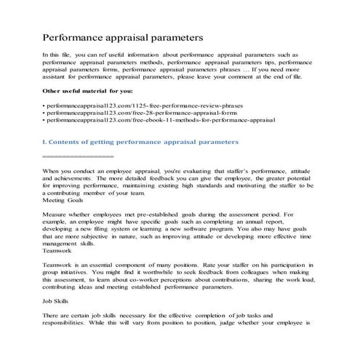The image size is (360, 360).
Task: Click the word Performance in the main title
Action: (x=76, y=36)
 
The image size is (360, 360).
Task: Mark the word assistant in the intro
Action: (x=60, y=76)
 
